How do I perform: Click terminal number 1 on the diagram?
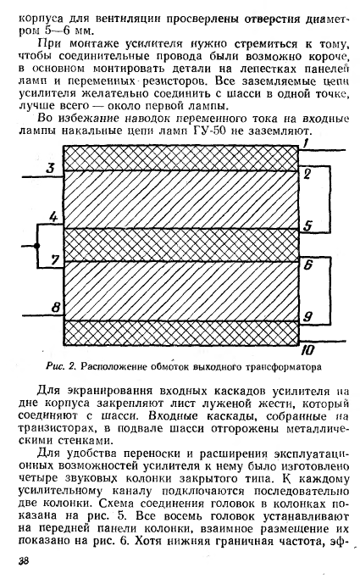(306, 143)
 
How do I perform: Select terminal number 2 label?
(307, 174)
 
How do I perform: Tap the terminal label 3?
(50, 168)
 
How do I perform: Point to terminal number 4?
(54, 217)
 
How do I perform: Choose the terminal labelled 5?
(307, 225)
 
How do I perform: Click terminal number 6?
(308, 264)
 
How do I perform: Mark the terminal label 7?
(55, 260)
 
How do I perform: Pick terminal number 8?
(55, 307)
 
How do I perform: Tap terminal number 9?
(307, 316)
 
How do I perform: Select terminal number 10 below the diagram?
(307, 350)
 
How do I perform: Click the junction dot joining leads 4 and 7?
(37, 246)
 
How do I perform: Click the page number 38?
(23, 561)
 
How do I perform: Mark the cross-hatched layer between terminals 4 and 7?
(180, 245)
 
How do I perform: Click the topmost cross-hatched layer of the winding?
(180, 159)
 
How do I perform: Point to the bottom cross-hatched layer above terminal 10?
(180, 333)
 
